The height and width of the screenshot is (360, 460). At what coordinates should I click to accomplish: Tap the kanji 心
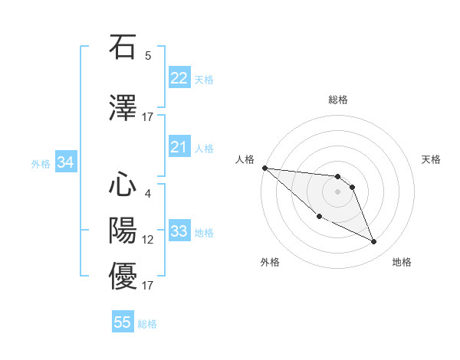tap(123, 185)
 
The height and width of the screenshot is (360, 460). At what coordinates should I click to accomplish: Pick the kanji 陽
tap(123, 231)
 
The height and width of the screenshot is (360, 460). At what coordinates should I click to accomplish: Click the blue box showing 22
tap(179, 78)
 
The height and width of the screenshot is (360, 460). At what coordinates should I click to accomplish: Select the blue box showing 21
tap(179, 147)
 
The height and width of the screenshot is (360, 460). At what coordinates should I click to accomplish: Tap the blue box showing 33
tap(179, 231)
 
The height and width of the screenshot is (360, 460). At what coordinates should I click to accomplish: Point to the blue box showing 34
tap(65, 162)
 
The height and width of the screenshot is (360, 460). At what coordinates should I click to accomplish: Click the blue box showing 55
tap(123, 322)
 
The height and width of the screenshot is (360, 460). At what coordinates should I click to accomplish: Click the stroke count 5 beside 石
tap(148, 56)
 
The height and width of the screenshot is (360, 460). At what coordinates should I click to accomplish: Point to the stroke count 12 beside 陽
tap(148, 240)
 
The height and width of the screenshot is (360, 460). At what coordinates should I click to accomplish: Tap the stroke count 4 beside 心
tap(148, 194)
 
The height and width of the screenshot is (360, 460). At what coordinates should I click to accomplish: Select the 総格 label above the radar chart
tap(337, 100)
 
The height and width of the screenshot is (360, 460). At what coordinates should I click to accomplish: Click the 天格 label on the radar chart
tap(432, 159)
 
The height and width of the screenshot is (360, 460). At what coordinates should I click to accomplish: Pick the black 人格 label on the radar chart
tap(245, 159)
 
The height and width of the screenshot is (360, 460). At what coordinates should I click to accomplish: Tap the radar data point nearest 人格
tap(264, 168)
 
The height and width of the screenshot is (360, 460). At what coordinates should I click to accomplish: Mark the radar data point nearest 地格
tap(374, 242)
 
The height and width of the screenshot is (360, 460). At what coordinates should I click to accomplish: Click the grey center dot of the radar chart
tap(337, 191)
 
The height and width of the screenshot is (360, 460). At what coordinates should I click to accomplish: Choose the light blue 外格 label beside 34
tap(41, 163)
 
